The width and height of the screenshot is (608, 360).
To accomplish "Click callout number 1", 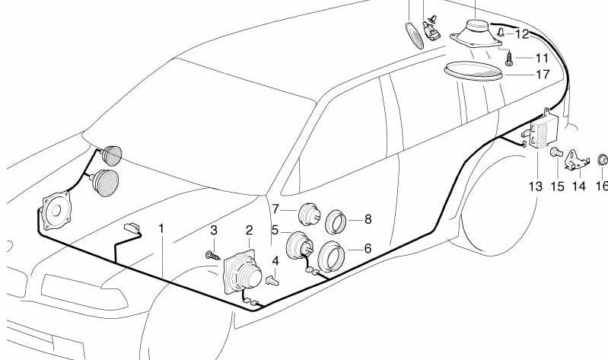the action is (x=161, y=228).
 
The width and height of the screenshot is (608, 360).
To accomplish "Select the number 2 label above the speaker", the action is (x=249, y=231).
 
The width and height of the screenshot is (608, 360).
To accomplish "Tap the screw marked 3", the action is (x=212, y=256).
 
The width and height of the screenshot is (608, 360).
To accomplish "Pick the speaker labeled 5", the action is (x=299, y=245).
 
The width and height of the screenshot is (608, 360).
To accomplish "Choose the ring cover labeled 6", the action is (x=331, y=256).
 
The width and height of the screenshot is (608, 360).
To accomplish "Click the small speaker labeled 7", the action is (x=309, y=214).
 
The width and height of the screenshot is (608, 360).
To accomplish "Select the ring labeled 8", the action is (x=336, y=221).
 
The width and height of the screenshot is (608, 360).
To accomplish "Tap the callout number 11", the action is (x=542, y=58).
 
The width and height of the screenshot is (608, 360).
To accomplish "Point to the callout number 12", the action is (x=522, y=34).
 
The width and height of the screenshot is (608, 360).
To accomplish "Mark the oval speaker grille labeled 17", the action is (x=473, y=71).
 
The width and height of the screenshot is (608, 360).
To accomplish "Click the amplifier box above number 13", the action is (x=543, y=131).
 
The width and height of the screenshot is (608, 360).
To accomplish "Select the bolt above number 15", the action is (x=556, y=152).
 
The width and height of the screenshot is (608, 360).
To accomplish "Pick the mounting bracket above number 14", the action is (x=577, y=161).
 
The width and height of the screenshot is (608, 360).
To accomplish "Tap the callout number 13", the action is (x=536, y=186).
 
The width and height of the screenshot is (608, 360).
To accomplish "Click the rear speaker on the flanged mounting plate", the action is (x=476, y=33).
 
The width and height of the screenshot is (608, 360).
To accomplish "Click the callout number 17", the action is (x=543, y=74).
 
